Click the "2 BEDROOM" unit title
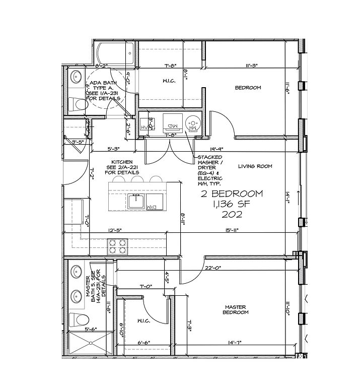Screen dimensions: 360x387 pos(231,194)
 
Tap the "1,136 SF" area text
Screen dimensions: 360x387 pos(231,204)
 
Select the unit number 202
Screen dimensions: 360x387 pos(232,214)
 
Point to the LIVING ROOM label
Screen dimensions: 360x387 pos(255,166)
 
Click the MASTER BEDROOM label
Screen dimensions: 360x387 pos(236,309)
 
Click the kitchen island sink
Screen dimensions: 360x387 pos(136,202)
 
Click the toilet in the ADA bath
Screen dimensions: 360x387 pos(78,105)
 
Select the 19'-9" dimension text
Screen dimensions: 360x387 pos(218,149)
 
